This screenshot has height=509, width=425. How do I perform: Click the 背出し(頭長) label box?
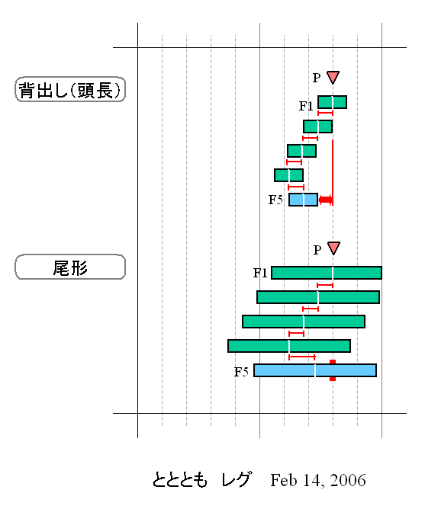70,90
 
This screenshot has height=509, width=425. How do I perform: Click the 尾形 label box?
70,267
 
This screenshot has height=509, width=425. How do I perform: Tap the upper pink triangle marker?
333,77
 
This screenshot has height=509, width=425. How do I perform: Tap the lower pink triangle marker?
333,248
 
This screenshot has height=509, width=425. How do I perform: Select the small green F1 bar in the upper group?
332,102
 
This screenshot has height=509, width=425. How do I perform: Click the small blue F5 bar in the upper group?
303,200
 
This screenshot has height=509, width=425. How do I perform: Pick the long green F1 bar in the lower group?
327,273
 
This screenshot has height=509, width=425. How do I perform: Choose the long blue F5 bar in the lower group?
315,370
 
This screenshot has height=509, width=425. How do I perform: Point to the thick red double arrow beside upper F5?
326,200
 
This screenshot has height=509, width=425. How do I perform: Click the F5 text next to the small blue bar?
275,200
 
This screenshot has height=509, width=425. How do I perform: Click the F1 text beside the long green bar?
260,273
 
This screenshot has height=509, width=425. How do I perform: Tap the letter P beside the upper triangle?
317,78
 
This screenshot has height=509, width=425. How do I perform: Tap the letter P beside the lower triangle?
317,250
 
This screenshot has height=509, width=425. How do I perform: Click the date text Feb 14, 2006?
318,480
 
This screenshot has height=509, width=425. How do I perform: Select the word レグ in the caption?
237,479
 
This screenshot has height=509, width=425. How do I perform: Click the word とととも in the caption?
179,480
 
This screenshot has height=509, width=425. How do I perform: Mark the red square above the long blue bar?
333,362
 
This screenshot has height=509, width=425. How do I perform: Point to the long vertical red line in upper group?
333,173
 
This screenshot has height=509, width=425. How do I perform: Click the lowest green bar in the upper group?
288,175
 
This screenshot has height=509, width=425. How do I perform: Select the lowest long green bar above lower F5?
289,346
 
